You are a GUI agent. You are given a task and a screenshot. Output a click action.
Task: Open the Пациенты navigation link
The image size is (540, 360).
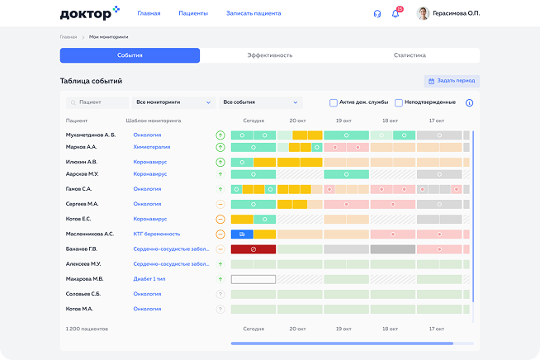(x=193, y=13)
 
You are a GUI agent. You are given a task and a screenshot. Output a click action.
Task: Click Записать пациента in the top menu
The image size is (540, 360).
(x=253, y=13)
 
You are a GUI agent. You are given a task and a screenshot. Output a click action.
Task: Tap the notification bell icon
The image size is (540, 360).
(x=396, y=14)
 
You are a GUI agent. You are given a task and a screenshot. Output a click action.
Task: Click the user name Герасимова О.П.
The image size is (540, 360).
(x=457, y=13)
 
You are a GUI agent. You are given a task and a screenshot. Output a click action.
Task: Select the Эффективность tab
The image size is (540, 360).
(x=269, y=55)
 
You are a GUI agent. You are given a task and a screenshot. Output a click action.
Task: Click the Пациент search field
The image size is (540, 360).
(x=97, y=102)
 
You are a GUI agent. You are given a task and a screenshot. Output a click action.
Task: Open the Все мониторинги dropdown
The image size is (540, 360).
(x=173, y=102)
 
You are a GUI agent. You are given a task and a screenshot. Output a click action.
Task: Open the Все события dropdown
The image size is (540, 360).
(x=260, y=102)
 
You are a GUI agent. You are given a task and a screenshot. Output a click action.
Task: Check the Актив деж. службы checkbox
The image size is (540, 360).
(x=334, y=103)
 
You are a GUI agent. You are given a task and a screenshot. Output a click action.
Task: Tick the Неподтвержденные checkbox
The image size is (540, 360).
(x=399, y=103)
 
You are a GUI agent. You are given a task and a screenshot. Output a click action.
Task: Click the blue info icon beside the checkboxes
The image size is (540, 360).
(x=469, y=103)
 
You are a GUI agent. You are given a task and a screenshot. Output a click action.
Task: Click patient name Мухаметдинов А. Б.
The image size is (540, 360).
(x=91, y=134)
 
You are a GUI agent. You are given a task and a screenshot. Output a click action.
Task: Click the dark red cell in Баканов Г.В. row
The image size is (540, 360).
(x=253, y=249)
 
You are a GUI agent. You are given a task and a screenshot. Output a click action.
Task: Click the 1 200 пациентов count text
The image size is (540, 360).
(x=87, y=328)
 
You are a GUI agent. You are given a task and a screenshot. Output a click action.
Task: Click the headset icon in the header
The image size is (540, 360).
(x=377, y=14)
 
